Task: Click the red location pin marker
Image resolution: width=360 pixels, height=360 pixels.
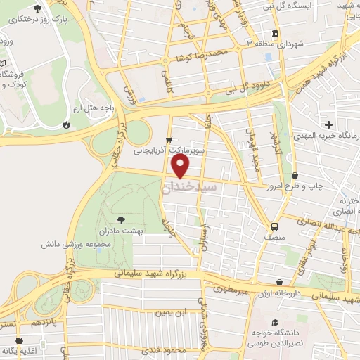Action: [181, 166]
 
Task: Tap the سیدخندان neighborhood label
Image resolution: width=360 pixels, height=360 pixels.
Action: [189, 188]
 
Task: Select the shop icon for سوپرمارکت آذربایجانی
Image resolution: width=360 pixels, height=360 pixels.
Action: [169, 139]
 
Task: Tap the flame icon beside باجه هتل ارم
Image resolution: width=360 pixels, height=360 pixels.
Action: [66, 124]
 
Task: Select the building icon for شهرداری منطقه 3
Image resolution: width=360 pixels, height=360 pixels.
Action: [274, 33]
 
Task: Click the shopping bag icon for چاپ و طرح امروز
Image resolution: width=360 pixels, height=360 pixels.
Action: [294, 174]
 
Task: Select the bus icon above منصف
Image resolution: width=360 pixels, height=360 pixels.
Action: [274, 226]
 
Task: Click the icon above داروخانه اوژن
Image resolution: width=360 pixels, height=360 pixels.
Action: [280, 282]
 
